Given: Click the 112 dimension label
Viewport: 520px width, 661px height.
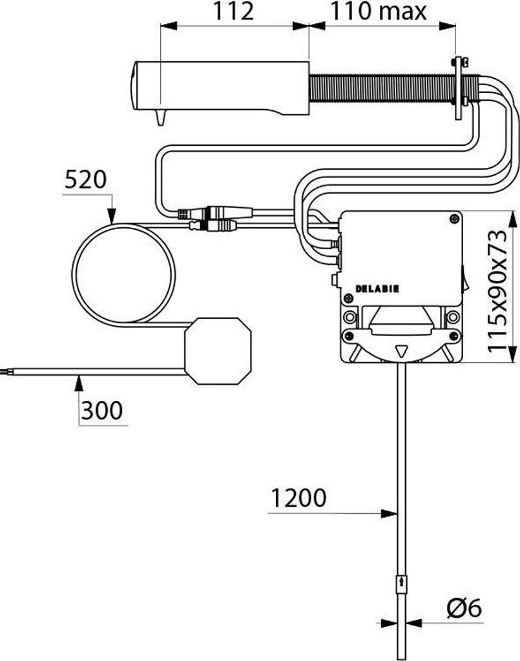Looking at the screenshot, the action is point(234,11).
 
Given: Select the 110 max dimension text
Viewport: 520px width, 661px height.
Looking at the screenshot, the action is point(379,11).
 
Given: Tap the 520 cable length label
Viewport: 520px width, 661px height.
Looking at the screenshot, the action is point(86,180).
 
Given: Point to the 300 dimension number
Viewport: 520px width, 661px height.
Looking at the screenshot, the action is point(101,410).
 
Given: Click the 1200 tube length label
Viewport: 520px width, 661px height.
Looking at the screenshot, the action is point(298,498).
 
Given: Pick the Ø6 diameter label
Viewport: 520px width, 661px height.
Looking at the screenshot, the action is point(464,608).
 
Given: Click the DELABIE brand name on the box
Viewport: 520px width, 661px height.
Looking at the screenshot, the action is point(377,289).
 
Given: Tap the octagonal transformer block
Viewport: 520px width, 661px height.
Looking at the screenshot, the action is point(218,351).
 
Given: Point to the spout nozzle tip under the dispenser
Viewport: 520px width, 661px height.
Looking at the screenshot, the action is point(160,118).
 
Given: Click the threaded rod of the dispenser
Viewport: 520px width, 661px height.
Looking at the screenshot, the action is point(382,88).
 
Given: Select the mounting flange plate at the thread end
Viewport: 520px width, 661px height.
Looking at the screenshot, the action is point(458,88).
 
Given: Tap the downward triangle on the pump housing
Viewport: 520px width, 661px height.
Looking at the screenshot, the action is point(401,351).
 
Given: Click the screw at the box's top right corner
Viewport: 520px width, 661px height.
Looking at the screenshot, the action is point(454,218).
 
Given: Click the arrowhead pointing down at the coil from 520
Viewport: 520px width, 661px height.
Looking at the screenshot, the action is point(111,216).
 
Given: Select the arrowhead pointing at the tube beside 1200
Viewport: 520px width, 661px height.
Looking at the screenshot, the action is point(388,513).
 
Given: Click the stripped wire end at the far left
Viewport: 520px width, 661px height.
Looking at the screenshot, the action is point(6,372).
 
